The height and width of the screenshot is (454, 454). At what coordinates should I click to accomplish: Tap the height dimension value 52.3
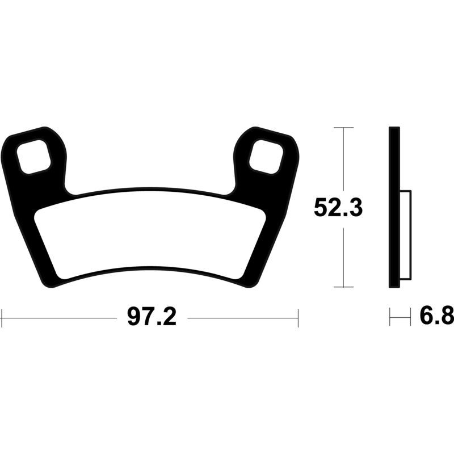click(339, 208)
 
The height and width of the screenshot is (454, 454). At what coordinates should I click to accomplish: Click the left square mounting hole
click(35, 154)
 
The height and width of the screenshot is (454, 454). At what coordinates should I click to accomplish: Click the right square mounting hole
click(265, 154)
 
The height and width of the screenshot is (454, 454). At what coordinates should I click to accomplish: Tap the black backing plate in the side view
click(393, 207)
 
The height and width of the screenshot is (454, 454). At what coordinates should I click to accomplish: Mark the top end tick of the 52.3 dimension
click(343, 128)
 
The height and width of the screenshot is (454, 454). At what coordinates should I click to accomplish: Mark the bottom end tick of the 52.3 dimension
click(343, 287)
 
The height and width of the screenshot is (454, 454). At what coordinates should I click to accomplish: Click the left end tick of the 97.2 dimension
click(2, 318)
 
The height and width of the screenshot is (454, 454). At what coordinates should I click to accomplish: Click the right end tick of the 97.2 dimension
click(298, 318)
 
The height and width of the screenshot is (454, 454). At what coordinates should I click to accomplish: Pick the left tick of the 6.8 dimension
click(390, 317)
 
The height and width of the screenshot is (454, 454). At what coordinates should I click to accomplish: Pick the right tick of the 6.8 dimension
click(410, 317)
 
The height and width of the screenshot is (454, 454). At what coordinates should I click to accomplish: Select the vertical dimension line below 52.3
click(343, 255)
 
